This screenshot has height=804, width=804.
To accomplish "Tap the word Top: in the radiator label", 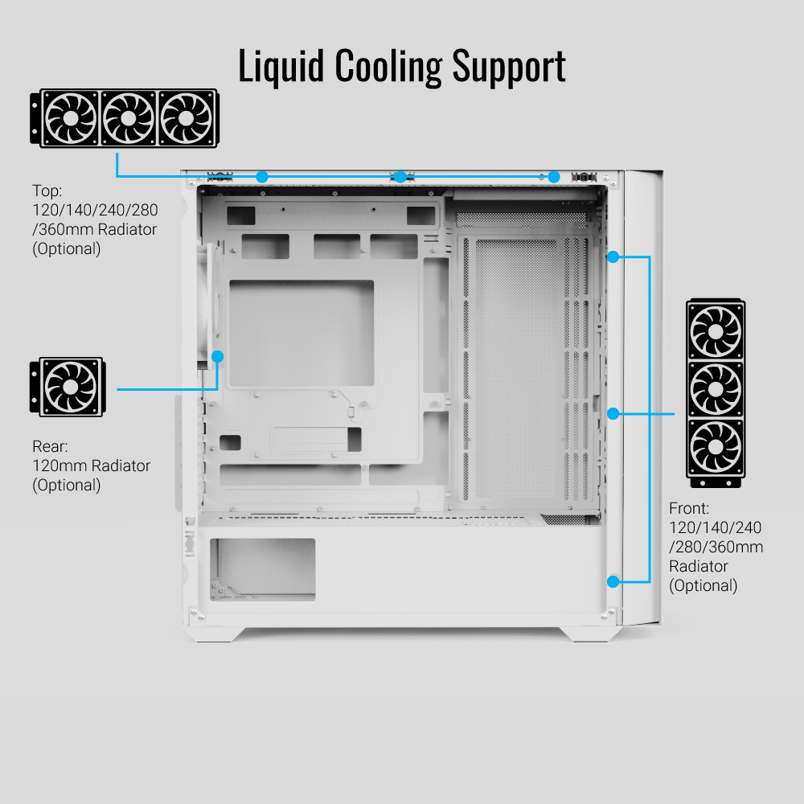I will coord(47,191).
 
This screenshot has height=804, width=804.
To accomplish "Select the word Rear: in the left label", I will coord(50,447).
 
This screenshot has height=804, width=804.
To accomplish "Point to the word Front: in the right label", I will coord(689,509).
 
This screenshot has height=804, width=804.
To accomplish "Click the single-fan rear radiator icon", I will coord(70,388).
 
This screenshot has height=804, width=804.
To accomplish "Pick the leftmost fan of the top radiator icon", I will coord(70,118).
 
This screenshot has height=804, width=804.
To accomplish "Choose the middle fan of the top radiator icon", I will coord(128,118).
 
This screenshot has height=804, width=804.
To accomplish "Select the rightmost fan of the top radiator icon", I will coord(186,118).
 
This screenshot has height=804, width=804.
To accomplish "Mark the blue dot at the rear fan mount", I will coord(216,355).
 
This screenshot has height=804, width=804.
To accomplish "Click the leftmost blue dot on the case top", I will coord(261,177).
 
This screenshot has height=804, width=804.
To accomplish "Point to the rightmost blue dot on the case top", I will coord(553,177).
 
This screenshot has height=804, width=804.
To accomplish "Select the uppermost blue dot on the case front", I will coord(613,257).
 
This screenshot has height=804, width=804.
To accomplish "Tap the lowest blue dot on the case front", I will coord(614,580).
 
